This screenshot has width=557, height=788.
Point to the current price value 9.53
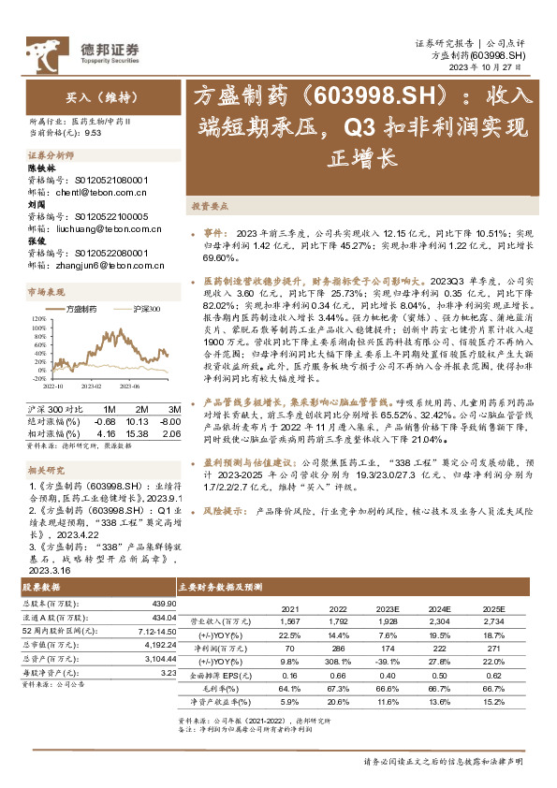click(93, 134)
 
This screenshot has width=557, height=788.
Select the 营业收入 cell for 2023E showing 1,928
click(386, 620)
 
